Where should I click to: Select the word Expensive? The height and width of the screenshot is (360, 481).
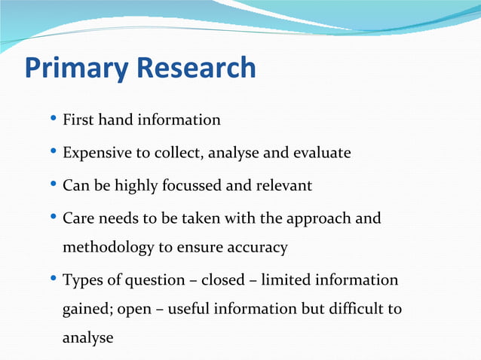96,153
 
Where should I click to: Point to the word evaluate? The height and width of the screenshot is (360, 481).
321,153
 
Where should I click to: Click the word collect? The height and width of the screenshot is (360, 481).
179,153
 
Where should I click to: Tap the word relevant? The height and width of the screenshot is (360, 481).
284,185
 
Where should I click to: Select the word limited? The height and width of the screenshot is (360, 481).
286,280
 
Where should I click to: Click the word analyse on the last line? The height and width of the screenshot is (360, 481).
87,338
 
